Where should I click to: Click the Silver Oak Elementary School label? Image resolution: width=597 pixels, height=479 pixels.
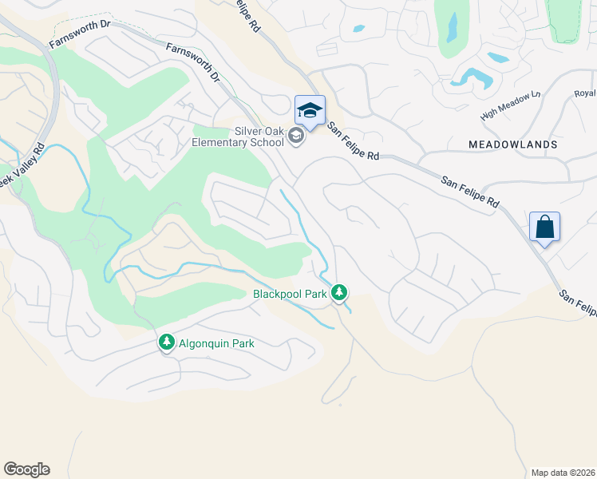pos(236,137)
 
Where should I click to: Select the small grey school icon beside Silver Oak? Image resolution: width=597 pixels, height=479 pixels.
pos(296,137)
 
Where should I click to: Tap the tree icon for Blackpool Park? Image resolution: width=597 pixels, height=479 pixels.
pos(339,293)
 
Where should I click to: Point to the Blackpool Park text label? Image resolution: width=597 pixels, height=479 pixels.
pos(290,294)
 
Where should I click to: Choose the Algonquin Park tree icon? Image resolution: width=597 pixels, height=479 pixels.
pos(167,342)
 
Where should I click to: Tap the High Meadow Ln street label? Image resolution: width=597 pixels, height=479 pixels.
pos(510,105)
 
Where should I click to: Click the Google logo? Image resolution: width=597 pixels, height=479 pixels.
pos(26,469)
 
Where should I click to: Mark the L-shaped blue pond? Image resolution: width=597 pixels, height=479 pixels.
pos(472,77)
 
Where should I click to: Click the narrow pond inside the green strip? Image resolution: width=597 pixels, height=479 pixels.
pos(453,29)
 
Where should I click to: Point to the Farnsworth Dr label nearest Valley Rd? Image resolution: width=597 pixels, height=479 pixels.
pos(79,35)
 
